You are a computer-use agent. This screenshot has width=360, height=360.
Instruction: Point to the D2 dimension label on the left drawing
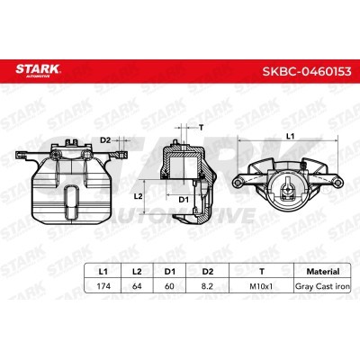pyautogui.click(x=105, y=139)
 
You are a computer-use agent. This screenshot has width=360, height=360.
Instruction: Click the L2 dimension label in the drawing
pyautogui.click(x=138, y=194)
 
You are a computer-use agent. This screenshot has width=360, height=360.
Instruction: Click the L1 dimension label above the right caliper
pyautogui.click(x=290, y=134)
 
